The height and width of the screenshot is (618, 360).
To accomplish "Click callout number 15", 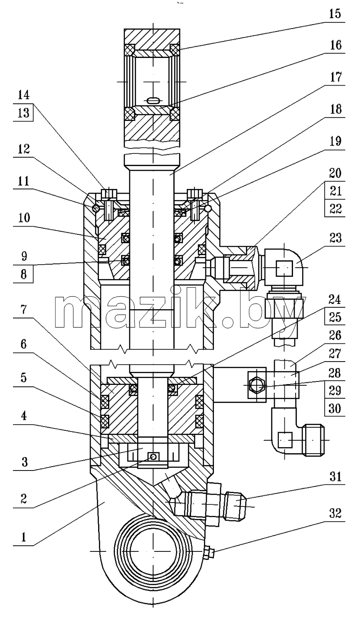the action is tap(335, 13).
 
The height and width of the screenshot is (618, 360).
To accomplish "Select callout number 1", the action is tap(24, 537).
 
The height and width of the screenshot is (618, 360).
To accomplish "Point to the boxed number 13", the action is tap(23, 113).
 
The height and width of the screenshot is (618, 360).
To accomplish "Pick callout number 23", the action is tap(335, 238).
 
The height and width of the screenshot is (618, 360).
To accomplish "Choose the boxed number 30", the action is tap(335, 408).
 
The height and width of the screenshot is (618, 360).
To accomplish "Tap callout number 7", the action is tap(24, 310).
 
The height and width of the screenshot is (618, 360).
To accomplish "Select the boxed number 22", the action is tap(335, 209).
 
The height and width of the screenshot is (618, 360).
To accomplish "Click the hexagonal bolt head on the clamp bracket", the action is tap(257, 385).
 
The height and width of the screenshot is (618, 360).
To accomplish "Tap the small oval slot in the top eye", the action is tap(153, 100).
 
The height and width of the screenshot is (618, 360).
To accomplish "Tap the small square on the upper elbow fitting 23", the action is tap(284, 268).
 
